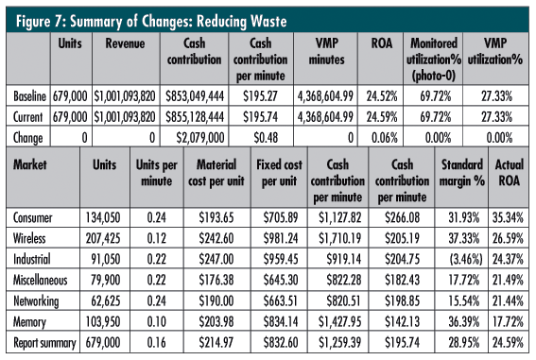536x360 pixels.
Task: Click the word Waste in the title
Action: pos(268,21)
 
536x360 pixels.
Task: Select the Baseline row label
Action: pos(29,96)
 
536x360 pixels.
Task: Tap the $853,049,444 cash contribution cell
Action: pos(195,96)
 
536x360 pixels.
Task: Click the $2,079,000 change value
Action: pos(200,138)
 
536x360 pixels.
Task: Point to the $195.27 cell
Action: pos(260,96)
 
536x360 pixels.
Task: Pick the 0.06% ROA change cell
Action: pos(385,138)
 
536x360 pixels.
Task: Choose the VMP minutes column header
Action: pos(326,51)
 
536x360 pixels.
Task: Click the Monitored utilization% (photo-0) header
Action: pos(434,60)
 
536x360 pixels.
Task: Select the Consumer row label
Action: pos(32,217)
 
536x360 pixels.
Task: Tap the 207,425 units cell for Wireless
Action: pos(103,238)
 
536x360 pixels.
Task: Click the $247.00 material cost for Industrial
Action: pos(216,259)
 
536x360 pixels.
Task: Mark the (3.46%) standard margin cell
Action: pos(466,259)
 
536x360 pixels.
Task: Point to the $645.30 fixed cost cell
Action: pos(281,280)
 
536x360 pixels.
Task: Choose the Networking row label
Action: pos(36,301)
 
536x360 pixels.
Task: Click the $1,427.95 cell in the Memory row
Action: pos(339,322)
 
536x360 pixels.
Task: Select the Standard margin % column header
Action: pos(462,173)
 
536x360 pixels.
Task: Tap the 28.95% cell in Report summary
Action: pos(464,343)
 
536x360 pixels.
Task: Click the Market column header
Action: pos(29,164)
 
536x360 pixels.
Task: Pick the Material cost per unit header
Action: pos(216,173)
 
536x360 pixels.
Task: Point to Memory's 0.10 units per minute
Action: pos(157,322)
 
